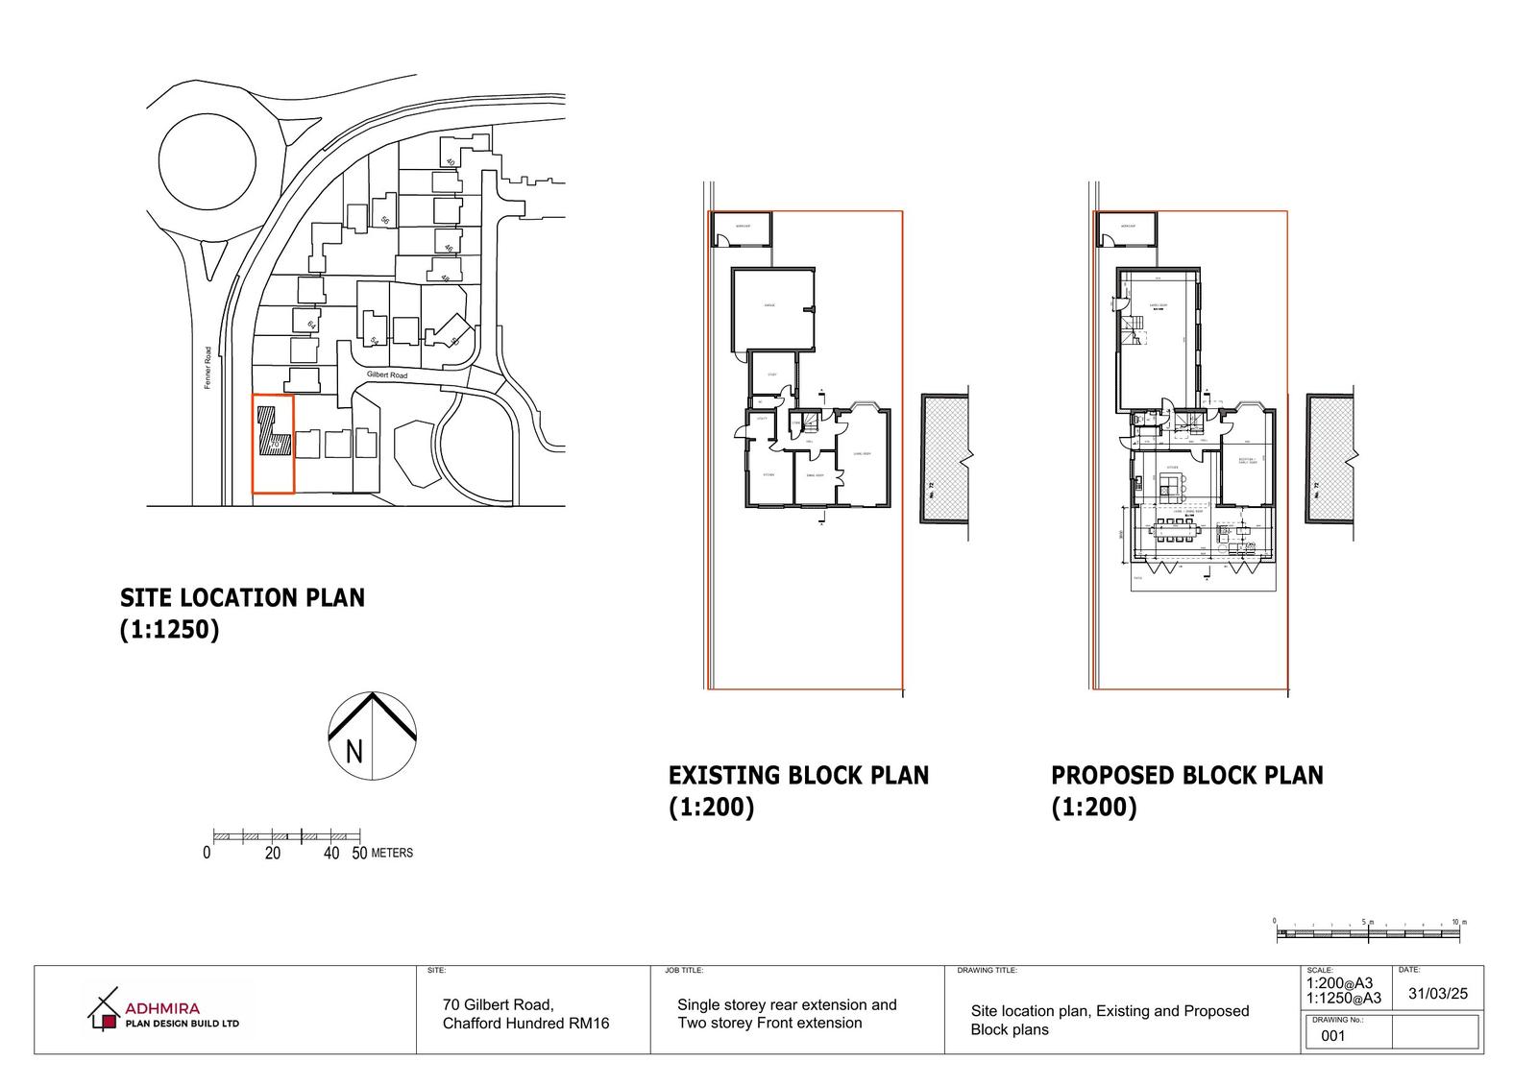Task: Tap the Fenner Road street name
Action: (207, 368)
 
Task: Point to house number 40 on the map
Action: (449, 161)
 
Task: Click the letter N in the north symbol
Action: (354, 751)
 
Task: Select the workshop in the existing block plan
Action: (742, 229)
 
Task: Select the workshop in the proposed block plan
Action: (1127, 229)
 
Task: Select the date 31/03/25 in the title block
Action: (1437, 994)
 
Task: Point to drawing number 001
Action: (1333, 1035)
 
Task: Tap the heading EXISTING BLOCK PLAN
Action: (798, 775)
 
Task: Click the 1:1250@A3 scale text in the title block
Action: (1343, 998)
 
